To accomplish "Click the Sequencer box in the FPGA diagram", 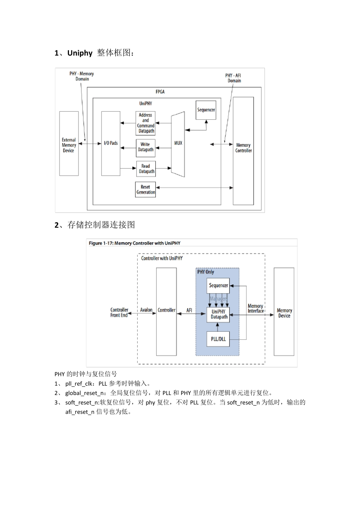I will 206,110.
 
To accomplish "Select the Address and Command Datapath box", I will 146,123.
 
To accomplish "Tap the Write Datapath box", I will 146,147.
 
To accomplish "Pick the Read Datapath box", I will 146,169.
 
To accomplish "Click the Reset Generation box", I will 146,189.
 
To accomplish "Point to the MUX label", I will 178,143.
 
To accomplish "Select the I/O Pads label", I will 111,143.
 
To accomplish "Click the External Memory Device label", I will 69,145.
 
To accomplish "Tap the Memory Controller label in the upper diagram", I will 243,148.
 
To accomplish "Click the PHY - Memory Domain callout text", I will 81,76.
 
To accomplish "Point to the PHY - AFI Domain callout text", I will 233,78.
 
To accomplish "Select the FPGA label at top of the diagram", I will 160,92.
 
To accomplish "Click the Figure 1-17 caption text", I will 135,243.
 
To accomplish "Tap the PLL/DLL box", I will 218,339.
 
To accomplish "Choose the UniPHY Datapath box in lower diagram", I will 218,314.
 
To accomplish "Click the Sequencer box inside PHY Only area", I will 218,286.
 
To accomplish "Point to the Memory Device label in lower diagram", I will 284,313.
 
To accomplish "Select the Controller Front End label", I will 119,312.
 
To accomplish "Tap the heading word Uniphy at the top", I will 80,53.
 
